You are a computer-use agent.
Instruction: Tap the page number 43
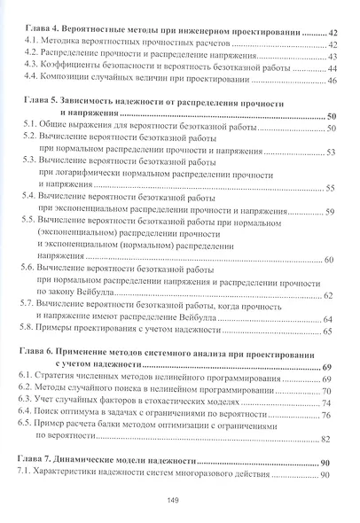pos(333,56)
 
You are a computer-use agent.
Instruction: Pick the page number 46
pos(333,81)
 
